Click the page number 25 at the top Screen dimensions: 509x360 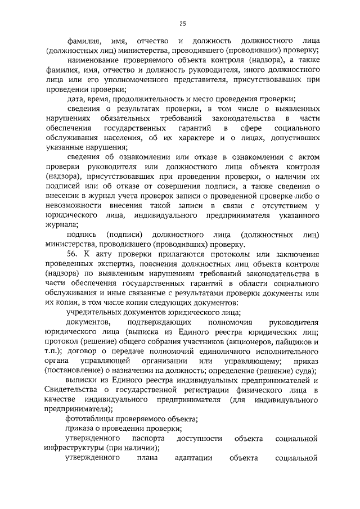click(x=182, y=24)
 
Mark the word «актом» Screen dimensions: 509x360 click(x=308, y=156)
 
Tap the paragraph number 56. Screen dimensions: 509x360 click(x=72, y=254)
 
